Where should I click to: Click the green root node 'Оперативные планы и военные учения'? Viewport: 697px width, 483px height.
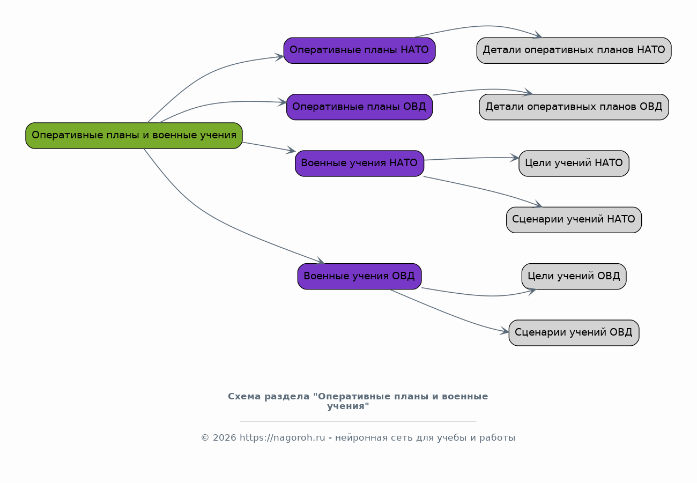134,136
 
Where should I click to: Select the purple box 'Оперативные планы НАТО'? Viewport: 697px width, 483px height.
359,50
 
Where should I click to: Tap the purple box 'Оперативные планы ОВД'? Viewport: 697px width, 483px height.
359,107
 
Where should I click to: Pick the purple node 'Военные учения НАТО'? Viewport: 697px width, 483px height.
359,164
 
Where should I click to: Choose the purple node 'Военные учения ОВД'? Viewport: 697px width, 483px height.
359,277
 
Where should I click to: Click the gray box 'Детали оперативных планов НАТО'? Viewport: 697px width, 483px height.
574,50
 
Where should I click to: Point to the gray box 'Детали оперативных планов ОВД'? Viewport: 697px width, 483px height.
574,107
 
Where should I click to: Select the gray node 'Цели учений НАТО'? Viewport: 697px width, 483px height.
574,164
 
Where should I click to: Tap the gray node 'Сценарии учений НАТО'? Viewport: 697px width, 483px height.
574,220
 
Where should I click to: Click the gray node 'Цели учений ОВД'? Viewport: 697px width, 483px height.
574,277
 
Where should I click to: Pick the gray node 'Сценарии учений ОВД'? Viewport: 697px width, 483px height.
574,333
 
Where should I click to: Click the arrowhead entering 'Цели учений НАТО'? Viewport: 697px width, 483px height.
515,158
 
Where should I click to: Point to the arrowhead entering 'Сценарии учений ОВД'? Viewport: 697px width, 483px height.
505,331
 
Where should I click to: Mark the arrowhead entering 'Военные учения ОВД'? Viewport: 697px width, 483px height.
321,261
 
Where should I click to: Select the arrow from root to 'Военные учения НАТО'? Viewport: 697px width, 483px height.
269,146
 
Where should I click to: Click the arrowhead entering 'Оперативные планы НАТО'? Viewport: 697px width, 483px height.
279,57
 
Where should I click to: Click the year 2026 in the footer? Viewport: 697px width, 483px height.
224,438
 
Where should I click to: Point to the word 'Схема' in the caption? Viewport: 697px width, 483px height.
244,397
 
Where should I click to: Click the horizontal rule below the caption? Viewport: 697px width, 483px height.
358,421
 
